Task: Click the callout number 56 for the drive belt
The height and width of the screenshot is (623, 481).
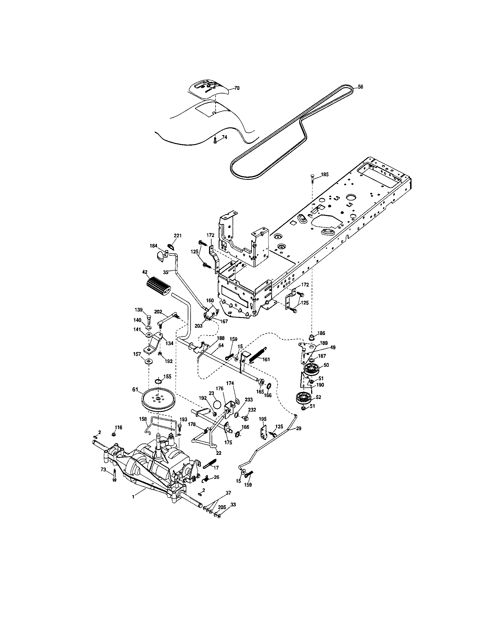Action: pyautogui.click(x=360, y=87)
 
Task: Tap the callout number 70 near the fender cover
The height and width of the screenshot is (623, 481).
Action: pyautogui.click(x=237, y=88)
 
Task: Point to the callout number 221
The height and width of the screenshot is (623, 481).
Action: pyautogui.click(x=178, y=236)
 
